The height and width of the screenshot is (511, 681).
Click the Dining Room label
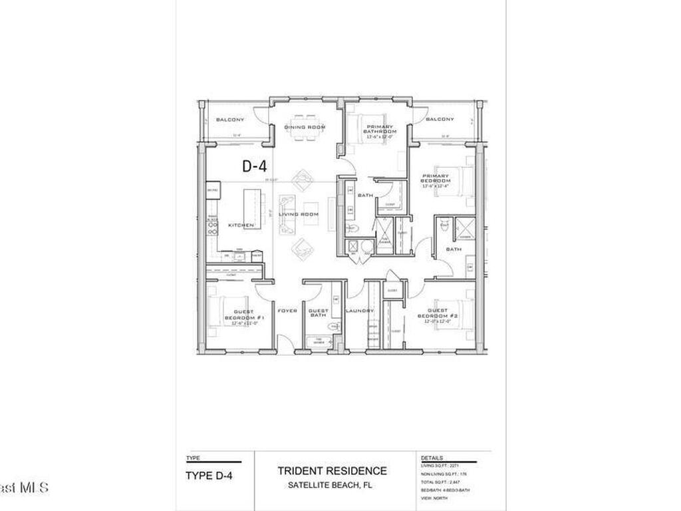[x=305, y=127]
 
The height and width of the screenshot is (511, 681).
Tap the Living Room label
[x=298, y=214]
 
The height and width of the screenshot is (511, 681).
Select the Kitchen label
[x=241, y=226]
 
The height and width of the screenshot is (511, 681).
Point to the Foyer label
[x=288, y=311]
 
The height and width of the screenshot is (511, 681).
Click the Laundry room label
[x=360, y=311]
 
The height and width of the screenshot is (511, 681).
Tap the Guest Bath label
[x=319, y=313]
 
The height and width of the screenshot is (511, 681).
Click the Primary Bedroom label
[x=436, y=179]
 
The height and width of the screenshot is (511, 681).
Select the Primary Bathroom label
[x=379, y=129]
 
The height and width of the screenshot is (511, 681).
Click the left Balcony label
[x=230, y=120]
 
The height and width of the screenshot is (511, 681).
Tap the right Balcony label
[x=440, y=119]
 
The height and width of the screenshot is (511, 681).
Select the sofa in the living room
[x=286, y=215]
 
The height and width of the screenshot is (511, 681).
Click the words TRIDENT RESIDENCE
[x=332, y=471]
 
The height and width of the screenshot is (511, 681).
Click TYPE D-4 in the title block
[x=209, y=475]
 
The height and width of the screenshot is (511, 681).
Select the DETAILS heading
[x=432, y=458]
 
